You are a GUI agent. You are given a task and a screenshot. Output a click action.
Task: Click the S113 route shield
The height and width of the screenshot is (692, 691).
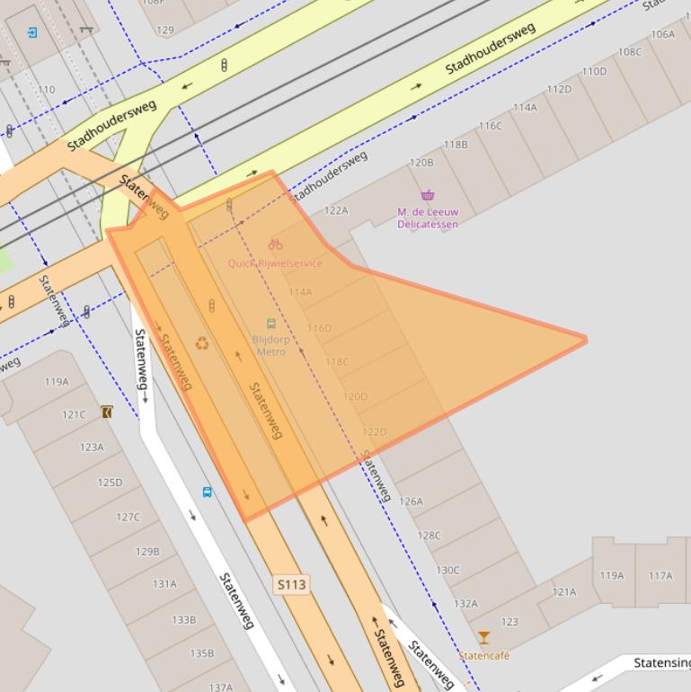click(x=291, y=584)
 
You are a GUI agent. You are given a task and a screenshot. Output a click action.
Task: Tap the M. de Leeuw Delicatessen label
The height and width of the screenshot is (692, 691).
click(x=428, y=218)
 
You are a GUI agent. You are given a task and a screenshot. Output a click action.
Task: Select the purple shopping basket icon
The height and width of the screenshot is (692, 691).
click(x=428, y=195)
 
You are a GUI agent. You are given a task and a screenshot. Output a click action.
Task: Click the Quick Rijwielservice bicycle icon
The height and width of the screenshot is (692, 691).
click(x=275, y=244)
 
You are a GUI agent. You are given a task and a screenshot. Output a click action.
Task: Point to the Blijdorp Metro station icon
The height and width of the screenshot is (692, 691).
click(x=270, y=324)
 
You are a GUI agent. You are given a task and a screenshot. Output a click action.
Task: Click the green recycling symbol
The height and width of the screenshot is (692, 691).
click(x=203, y=342)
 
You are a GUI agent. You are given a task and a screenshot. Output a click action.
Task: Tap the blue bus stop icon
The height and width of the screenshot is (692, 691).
click(x=207, y=492)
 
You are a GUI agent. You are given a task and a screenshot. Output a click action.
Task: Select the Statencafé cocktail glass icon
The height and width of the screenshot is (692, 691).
click(x=484, y=638)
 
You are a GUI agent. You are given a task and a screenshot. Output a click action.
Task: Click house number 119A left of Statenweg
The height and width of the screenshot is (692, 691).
click(x=57, y=381)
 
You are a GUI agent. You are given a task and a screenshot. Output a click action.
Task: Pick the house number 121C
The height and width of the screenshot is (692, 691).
click(x=74, y=414)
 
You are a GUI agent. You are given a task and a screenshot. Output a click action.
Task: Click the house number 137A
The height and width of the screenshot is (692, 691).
click(x=221, y=687)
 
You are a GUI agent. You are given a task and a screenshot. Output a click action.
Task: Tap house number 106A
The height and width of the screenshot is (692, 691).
click(x=662, y=34)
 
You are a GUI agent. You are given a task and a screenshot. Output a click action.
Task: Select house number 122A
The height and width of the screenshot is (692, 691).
click(x=336, y=210)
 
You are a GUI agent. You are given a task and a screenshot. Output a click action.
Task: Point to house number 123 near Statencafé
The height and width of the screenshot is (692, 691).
click(x=509, y=622)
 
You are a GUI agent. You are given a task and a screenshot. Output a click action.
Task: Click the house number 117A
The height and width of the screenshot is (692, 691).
click(x=660, y=575)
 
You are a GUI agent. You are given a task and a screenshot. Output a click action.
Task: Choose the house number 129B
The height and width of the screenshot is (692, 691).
click(x=147, y=551)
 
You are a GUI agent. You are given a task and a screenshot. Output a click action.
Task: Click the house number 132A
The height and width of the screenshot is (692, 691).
click(x=465, y=604)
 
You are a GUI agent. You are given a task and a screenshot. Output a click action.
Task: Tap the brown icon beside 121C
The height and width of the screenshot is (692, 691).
click(x=107, y=413)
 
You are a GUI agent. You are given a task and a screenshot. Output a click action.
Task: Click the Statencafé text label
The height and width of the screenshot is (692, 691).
click(x=484, y=656)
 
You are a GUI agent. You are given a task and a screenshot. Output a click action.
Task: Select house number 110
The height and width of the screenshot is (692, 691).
click(x=46, y=90)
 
